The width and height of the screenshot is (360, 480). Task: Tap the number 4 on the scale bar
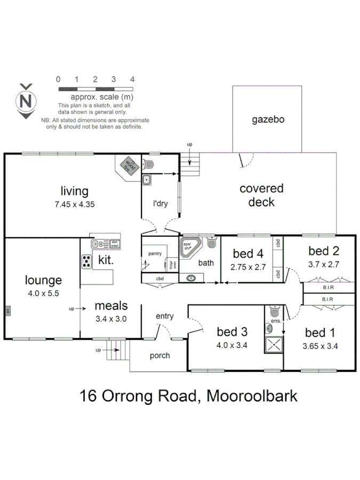[132, 79]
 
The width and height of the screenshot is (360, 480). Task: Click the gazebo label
[268, 119]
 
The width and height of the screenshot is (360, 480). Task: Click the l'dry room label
[161, 204]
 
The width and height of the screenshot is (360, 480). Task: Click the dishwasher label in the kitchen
[114, 244]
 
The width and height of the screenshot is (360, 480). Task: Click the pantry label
[155, 253]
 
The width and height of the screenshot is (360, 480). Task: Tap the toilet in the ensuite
[274, 311]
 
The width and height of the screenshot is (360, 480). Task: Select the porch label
[159, 356]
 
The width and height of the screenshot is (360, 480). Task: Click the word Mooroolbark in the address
[252, 397]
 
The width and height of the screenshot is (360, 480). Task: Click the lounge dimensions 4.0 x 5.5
[43, 293]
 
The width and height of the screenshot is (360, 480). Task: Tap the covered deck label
[261, 195]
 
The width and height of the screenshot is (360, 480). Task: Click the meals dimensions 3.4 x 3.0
[111, 319]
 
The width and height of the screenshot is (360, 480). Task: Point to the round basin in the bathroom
[191, 277]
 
